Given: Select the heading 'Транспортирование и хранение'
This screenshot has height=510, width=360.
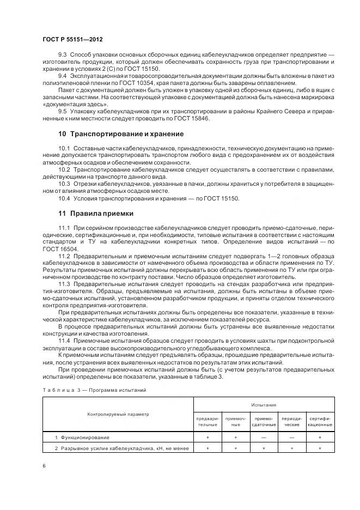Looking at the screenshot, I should tap(126, 133).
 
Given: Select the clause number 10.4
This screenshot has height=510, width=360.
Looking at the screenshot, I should tap(64, 198).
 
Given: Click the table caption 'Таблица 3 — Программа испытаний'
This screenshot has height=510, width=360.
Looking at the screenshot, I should tap(94, 390).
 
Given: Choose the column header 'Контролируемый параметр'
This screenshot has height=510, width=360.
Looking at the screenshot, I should tap(118, 415).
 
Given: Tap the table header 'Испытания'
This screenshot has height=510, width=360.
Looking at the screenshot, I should tap(264, 405).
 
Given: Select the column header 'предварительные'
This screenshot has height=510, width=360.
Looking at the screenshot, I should tap(208, 421).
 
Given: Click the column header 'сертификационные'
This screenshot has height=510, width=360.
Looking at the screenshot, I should tap(320, 421).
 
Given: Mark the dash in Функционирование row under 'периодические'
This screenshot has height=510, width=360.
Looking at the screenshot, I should tap(292, 438).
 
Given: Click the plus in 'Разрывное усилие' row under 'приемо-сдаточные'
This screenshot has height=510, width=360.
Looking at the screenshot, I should tap(264, 448).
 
